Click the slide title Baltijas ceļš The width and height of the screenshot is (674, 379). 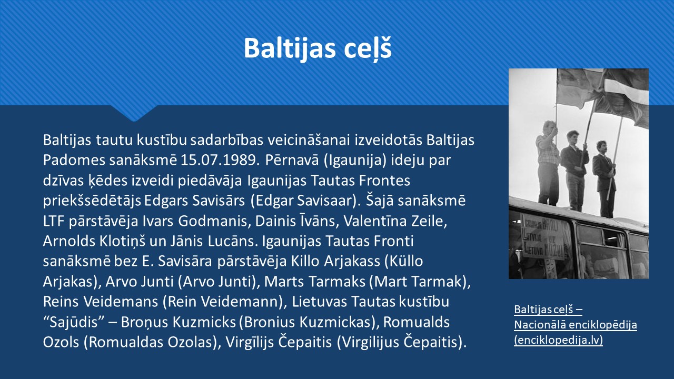[318, 48]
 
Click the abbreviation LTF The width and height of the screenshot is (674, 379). [54, 221]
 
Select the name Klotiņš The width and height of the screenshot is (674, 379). [122, 241]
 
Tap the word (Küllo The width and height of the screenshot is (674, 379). [404, 262]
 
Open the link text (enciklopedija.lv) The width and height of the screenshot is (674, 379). [559, 340]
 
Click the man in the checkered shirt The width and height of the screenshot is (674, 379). [547, 163]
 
